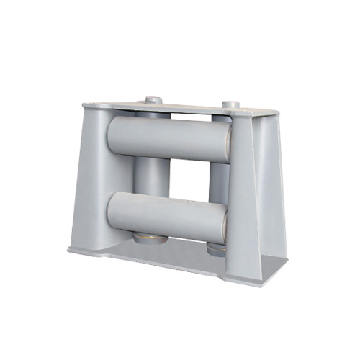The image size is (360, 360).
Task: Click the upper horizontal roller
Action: [x=169, y=138]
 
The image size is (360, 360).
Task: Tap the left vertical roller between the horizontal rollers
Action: [x=148, y=176]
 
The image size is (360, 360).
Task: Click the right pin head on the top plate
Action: [x=230, y=105]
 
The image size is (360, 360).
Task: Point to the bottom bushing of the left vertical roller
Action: [x=148, y=238]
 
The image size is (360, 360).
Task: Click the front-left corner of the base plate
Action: [x=70, y=251]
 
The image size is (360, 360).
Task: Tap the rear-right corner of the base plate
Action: [x=287, y=261]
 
